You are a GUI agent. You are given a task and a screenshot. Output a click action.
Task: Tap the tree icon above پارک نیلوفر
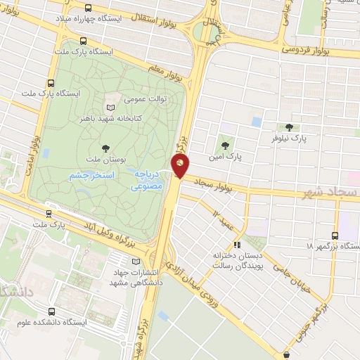point(289,127)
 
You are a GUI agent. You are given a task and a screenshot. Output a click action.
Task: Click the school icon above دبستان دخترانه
point(237,245)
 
